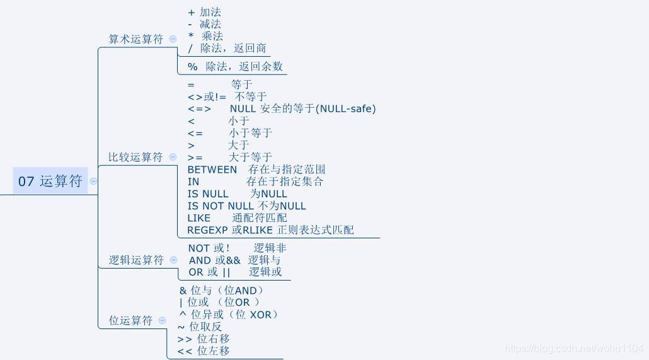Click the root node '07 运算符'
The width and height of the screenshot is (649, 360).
pyautogui.click(x=50, y=181)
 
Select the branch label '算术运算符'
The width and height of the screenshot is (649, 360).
pyautogui.click(x=135, y=39)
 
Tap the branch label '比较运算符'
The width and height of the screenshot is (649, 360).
pyautogui.click(x=135, y=157)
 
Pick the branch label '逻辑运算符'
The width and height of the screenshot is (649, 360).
pyautogui.click(x=136, y=260)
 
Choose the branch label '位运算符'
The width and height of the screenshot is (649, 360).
pyautogui.click(x=130, y=320)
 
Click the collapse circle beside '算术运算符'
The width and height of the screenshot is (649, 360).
pyautogui.click(x=173, y=39)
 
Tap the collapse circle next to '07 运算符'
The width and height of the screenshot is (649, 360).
pyautogui.click(x=93, y=182)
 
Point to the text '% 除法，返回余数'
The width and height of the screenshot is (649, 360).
pyautogui.click(x=235, y=66)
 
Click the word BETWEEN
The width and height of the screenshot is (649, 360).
pyautogui.click(x=212, y=170)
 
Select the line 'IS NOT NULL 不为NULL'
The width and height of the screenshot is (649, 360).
pyautogui.click(x=246, y=206)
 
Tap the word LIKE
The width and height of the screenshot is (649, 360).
pyautogui.click(x=199, y=218)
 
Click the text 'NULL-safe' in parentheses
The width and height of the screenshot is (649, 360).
pyautogui.click(x=346, y=109)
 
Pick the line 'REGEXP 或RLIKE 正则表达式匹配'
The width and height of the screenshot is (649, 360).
pyautogui.click(x=270, y=230)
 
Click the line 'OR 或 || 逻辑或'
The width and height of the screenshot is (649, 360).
pyautogui.click(x=235, y=272)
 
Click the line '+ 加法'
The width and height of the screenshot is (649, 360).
pyautogui.click(x=205, y=12)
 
